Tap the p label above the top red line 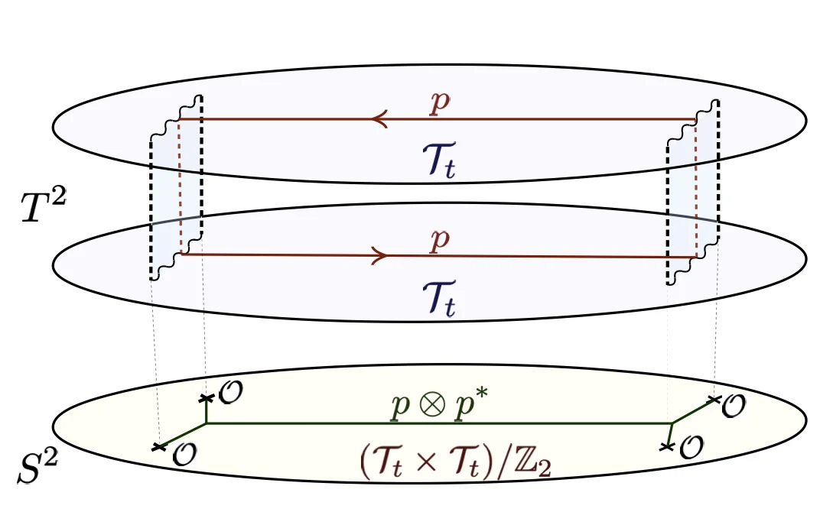click(439, 104)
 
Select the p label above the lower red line click(439, 240)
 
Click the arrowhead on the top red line click(377, 119)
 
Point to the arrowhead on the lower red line click(377, 255)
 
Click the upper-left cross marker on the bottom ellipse click(205, 398)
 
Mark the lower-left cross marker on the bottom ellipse click(159, 446)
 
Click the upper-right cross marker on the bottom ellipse click(714, 399)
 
